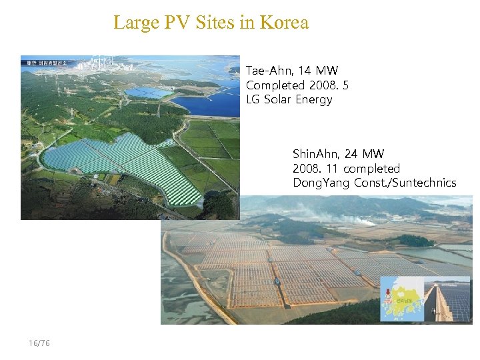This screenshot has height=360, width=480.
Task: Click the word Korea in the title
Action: tap(285, 23)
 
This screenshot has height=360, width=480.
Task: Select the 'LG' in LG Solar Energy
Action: tap(253, 100)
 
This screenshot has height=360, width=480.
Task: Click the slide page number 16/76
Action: tap(39, 343)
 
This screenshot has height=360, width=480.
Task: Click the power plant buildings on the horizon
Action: tap(100, 65)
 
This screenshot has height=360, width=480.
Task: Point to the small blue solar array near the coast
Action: tap(148, 93)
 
